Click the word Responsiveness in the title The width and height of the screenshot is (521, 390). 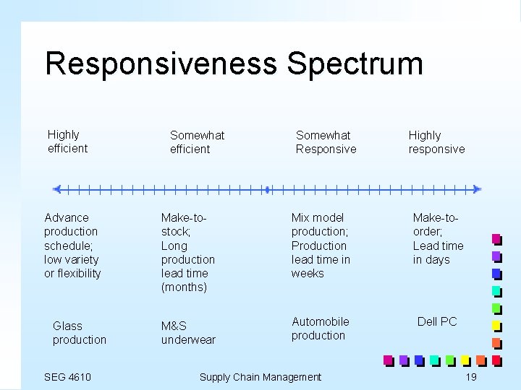point(161,64)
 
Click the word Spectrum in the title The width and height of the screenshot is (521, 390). point(355,64)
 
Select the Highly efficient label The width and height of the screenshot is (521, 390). point(67,142)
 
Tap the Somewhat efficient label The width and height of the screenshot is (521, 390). point(197,142)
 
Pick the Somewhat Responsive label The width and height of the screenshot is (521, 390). point(326,142)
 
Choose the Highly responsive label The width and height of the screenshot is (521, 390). point(436,142)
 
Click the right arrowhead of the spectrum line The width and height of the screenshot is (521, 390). point(476,189)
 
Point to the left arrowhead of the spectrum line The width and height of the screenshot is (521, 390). point(57,189)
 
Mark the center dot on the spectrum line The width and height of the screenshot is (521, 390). point(267,189)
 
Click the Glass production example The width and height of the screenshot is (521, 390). point(79,333)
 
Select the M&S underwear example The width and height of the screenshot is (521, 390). point(188,333)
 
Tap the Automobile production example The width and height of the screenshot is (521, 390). point(320,329)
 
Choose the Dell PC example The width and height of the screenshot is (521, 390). point(437,321)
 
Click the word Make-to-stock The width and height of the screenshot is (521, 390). point(185,224)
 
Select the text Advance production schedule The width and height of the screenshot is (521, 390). point(71,231)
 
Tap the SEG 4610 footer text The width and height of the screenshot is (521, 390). point(67,376)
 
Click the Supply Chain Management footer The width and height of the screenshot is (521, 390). point(260,376)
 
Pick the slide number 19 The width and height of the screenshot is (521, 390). point(471,376)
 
